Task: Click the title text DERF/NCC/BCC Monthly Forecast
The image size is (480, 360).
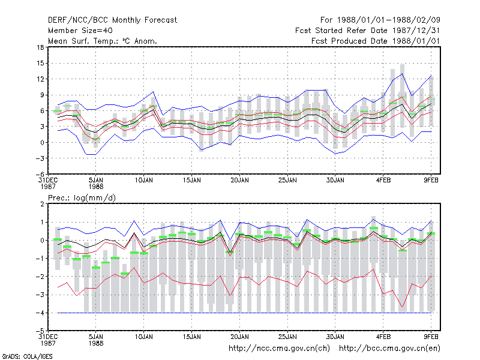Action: tap(112, 20)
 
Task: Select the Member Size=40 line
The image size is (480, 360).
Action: tap(80, 31)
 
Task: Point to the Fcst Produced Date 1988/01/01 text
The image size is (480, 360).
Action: tap(376, 41)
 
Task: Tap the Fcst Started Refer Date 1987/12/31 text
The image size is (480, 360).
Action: tap(368, 31)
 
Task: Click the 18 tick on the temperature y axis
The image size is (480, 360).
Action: tap(40, 47)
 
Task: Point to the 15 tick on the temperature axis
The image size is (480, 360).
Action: tap(40, 64)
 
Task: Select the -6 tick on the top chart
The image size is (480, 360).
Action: tap(40, 174)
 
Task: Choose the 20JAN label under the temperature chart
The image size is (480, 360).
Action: tap(239, 181)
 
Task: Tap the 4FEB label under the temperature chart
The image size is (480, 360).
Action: tap(383, 181)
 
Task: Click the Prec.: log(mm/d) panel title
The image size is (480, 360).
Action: tap(82, 198)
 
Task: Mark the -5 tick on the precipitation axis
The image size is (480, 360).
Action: tap(40, 331)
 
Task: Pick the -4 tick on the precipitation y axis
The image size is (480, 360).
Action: tap(40, 313)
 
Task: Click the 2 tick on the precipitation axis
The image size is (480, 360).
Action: tap(42, 204)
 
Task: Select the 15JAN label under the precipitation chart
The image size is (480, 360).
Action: tap(191, 337)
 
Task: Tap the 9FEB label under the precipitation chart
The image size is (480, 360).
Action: tap(431, 337)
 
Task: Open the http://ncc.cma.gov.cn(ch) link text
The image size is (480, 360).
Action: tap(279, 349)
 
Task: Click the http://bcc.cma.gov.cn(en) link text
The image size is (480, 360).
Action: tap(389, 349)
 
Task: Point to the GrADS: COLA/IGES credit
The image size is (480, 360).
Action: tap(27, 356)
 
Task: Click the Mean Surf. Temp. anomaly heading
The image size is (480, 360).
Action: tap(103, 41)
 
